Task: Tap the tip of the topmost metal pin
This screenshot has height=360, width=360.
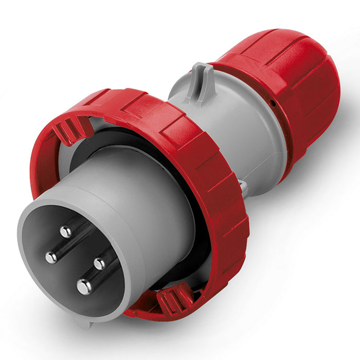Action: click(66, 232)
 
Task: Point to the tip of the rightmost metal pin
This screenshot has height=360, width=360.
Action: click(99, 264)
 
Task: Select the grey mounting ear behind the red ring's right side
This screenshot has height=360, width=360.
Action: click(245, 188)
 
